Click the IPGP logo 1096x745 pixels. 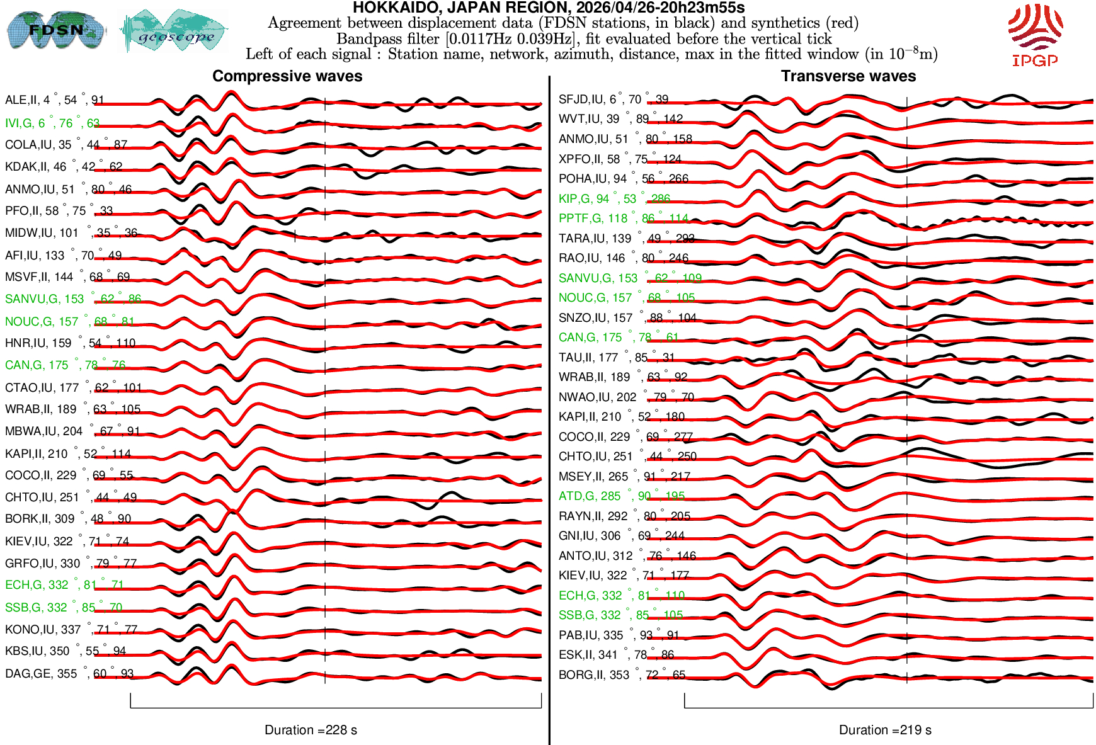[x=1035, y=35]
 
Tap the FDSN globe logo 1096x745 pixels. [x=55, y=30]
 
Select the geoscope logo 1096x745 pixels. [x=174, y=31]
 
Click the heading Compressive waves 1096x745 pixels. [x=287, y=76]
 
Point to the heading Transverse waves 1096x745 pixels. [x=848, y=76]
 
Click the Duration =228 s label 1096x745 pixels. [x=311, y=730]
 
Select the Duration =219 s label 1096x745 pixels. [x=885, y=730]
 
